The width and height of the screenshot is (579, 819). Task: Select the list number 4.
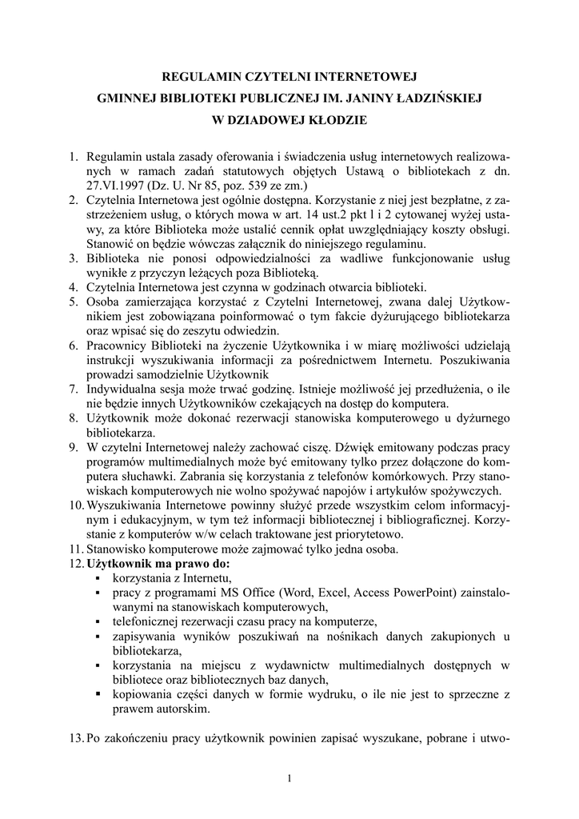click(x=72, y=287)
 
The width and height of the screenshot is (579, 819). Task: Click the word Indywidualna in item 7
click(x=124, y=390)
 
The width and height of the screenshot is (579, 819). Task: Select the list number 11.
click(x=74, y=549)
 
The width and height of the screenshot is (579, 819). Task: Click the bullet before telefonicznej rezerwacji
click(x=98, y=622)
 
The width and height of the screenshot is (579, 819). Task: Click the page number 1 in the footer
click(x=289, y=778)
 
